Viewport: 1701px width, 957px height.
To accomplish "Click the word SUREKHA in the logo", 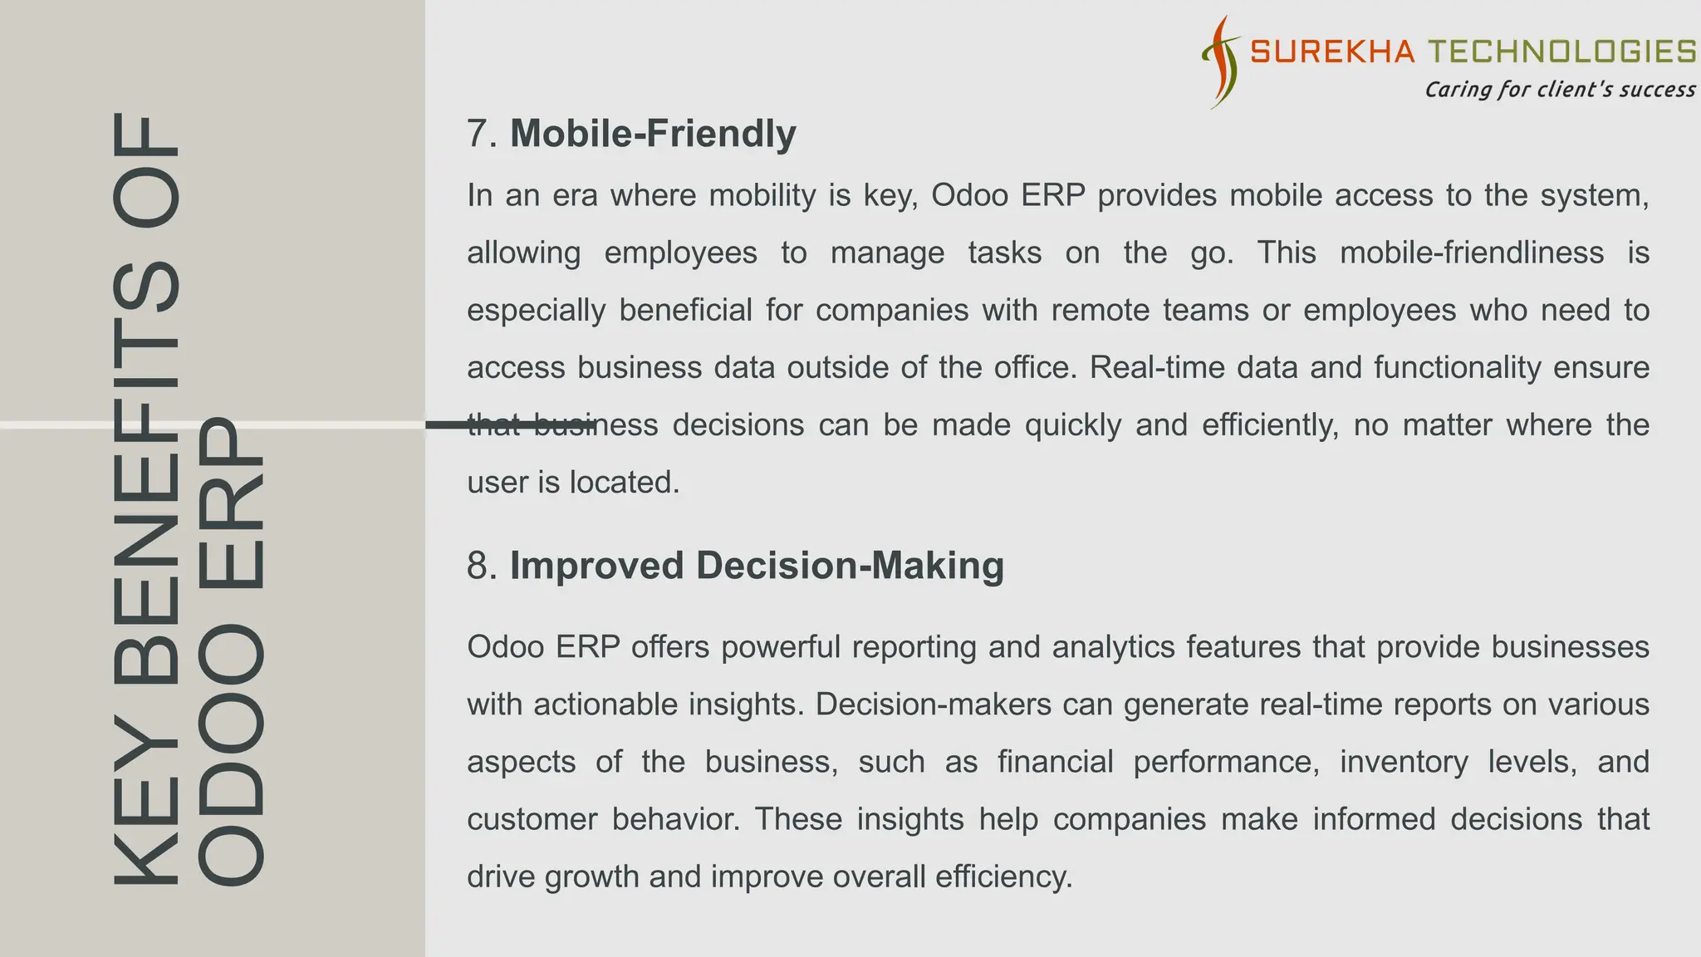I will pyautogui.click(x=1331, y=52).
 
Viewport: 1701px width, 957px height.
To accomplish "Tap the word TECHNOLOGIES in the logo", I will pyautogui.click(x=1562, y=52).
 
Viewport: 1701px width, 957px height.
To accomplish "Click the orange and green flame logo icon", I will pyautogui.click(x=1220, y=62).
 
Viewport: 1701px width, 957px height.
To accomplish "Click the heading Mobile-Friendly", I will pyautogui.click(x=653, y=134).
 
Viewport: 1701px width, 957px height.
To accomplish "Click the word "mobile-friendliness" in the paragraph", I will pyautogui.click(x=1472, y=253).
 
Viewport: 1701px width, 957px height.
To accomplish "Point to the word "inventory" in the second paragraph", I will pyautogui.click(x=1404, y=762).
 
